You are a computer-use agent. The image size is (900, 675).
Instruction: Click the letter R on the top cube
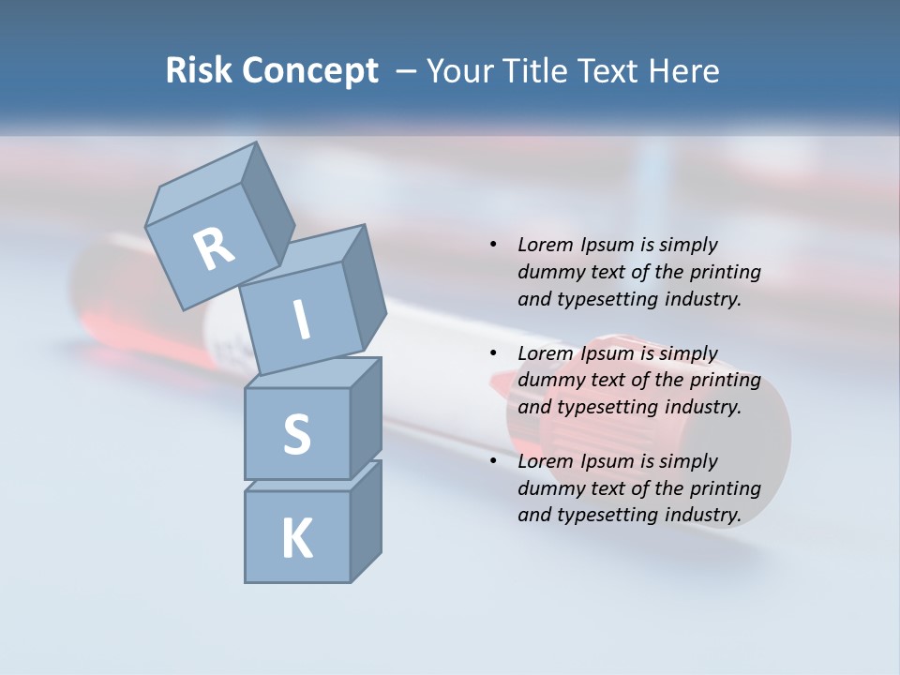tap(214, 248)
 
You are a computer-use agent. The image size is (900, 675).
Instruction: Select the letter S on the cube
tap(296, 434)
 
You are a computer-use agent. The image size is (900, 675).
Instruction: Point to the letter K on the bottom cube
tap(296, 539)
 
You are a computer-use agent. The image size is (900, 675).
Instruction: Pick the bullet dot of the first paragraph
tap(493, 246)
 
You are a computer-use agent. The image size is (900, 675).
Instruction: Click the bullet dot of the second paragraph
tap(493, 353)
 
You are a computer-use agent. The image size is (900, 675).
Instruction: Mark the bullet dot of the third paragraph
tap(493, 461)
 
